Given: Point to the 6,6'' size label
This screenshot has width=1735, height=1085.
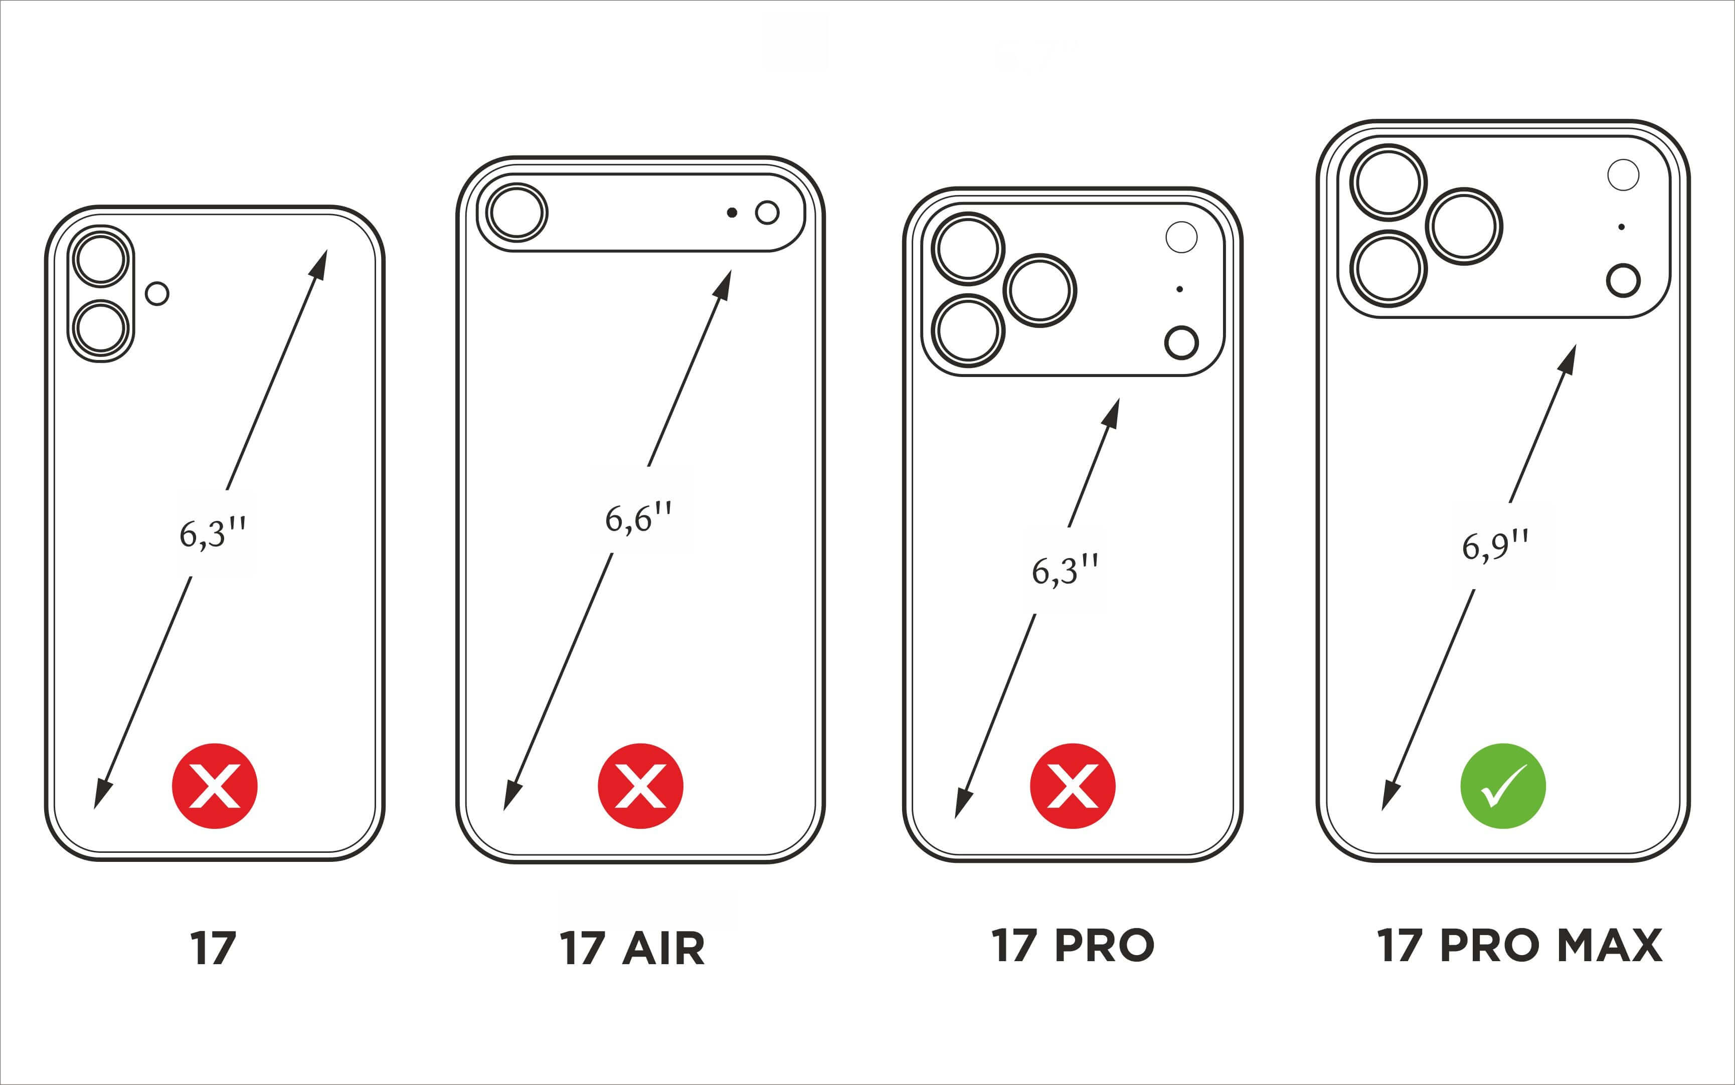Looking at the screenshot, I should coord(638,518).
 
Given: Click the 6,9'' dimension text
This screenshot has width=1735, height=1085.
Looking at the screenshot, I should coord(1495,546).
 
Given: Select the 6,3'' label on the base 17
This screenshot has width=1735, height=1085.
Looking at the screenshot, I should coord(213,533).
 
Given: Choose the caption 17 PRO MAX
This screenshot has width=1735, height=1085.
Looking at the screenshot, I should coord(1519,945).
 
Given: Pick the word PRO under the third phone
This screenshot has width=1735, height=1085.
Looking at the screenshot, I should coord(1104,945).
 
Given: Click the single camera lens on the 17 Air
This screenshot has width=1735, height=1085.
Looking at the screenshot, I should coord(516,213).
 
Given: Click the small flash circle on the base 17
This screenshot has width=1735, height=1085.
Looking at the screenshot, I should coord(157,293).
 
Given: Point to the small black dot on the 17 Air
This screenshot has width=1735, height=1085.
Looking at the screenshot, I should coord(732,213).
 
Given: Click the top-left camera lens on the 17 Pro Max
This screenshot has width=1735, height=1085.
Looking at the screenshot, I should coord(1389,183).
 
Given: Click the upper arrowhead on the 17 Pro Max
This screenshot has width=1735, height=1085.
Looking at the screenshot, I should coord(1568,359).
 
